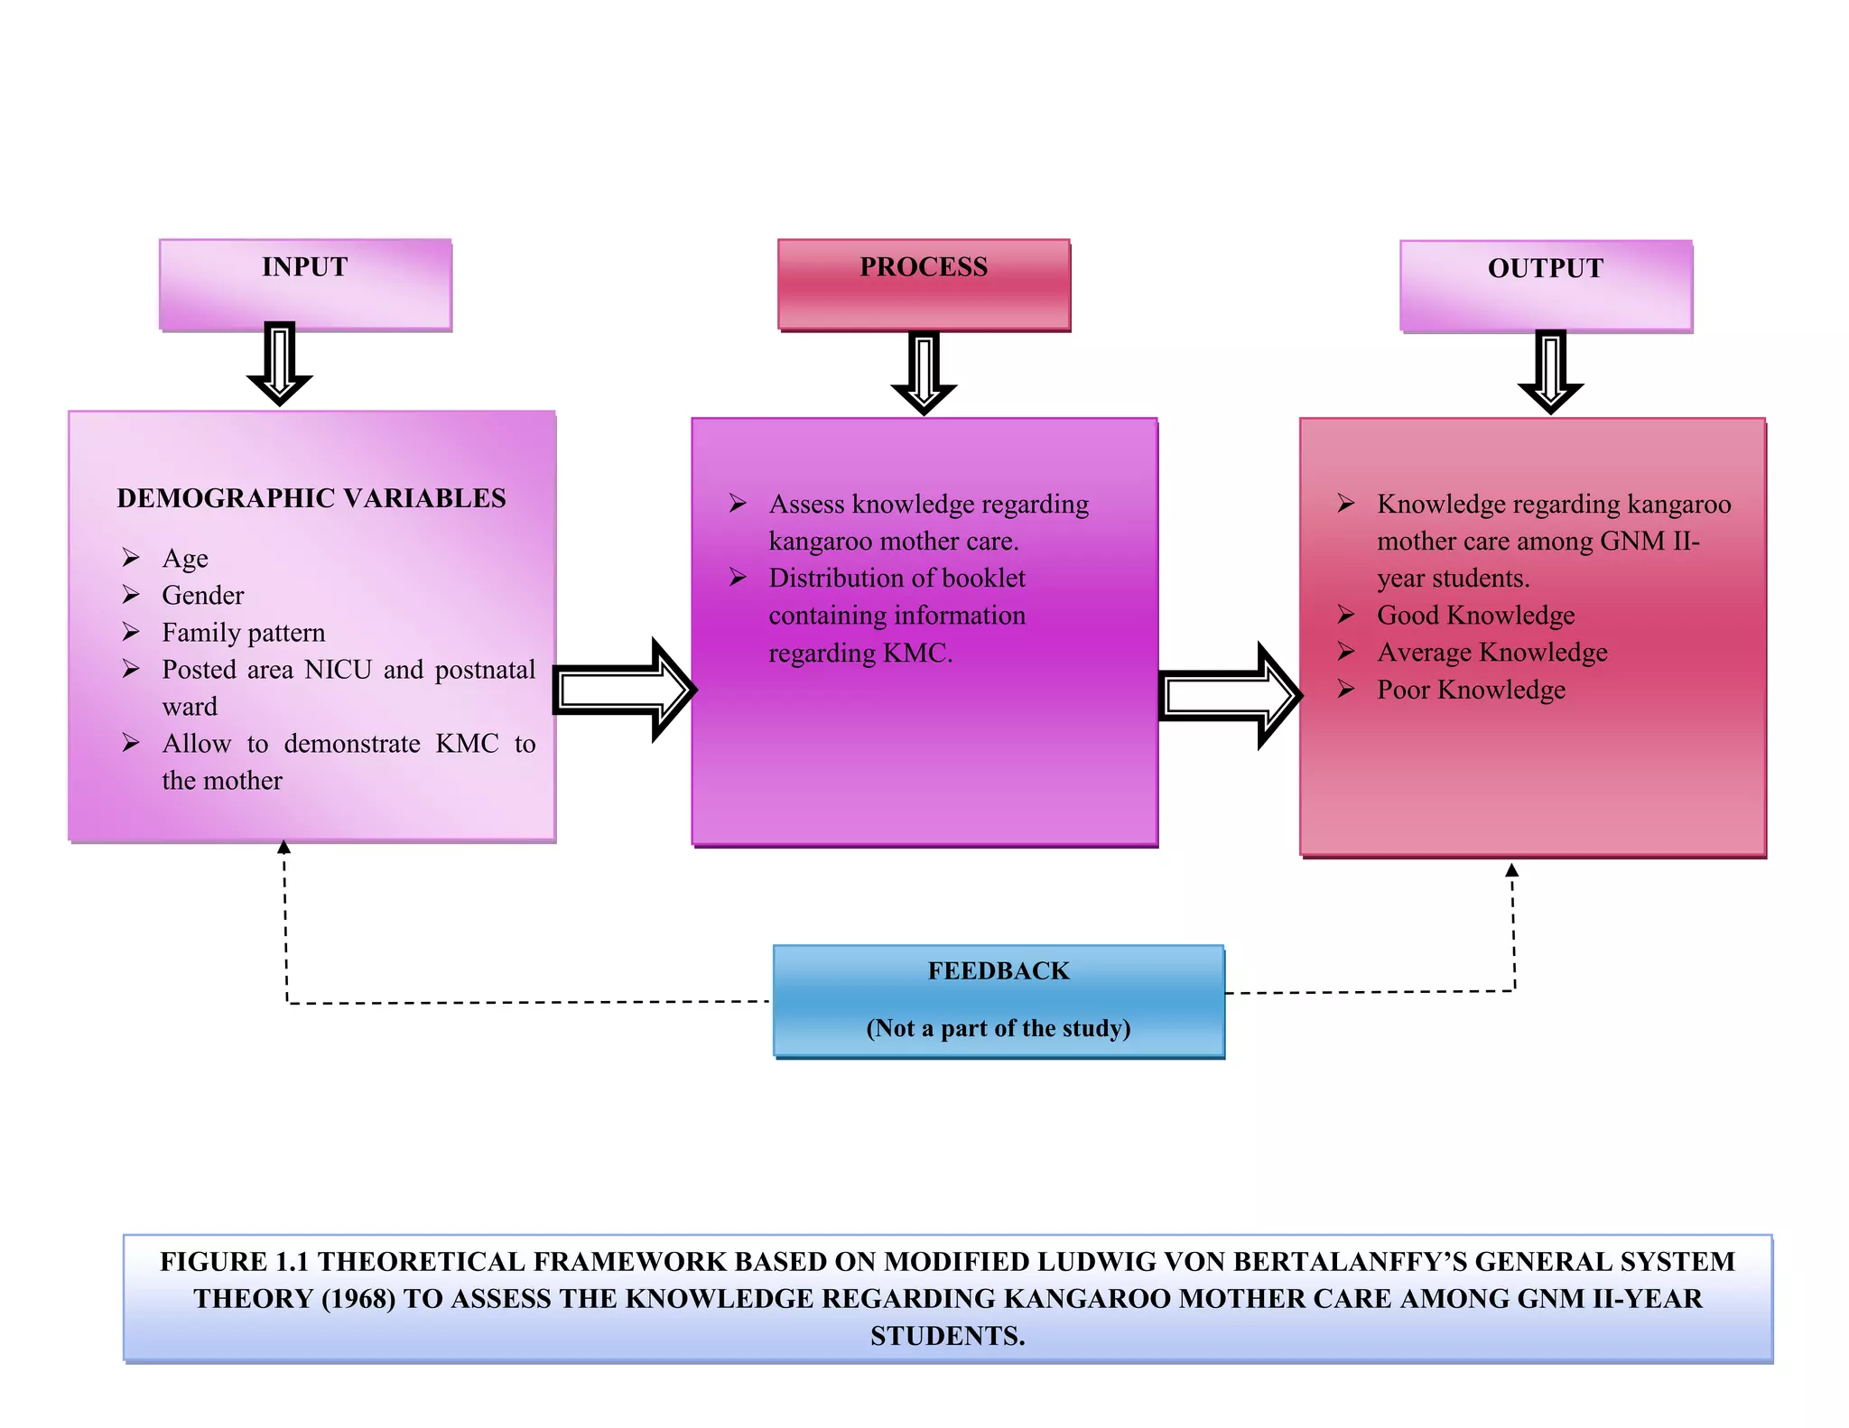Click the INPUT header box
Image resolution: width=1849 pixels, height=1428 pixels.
(x=305, y=284)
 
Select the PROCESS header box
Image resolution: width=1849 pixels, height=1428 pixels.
(x=924, y=284)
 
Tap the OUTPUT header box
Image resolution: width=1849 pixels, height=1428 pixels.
(x=1546, y=285)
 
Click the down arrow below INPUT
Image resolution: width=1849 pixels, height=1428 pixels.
(x=280, y=363)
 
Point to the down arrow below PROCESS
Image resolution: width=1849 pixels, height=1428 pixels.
(x=924, y=372)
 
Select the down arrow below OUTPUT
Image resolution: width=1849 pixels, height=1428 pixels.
(x=1550, y=371)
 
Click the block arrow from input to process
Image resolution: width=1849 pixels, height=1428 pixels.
(x=623, y=691)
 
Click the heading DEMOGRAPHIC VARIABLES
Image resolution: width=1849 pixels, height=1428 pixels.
(x=311, y=498)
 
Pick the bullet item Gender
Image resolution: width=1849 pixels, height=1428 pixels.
(x=203, y=596)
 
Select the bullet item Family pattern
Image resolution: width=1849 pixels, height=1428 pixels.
(x=243, y=633)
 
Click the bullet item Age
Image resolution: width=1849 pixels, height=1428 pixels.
(x=185, y=559)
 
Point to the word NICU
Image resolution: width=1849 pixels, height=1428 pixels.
(x=339, y=670)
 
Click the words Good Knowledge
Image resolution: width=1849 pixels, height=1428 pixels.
(x=1475, y=616)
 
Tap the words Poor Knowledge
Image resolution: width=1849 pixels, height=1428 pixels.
(x=1471, y=691)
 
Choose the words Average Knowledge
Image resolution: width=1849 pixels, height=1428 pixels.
(x=1491, y=653)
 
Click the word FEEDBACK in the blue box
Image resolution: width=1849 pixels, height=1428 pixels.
(x=999, y=971)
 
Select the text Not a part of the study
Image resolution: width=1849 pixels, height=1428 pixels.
(x=999, y=1028)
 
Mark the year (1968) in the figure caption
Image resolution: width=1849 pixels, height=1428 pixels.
(x=358, y=1299)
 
